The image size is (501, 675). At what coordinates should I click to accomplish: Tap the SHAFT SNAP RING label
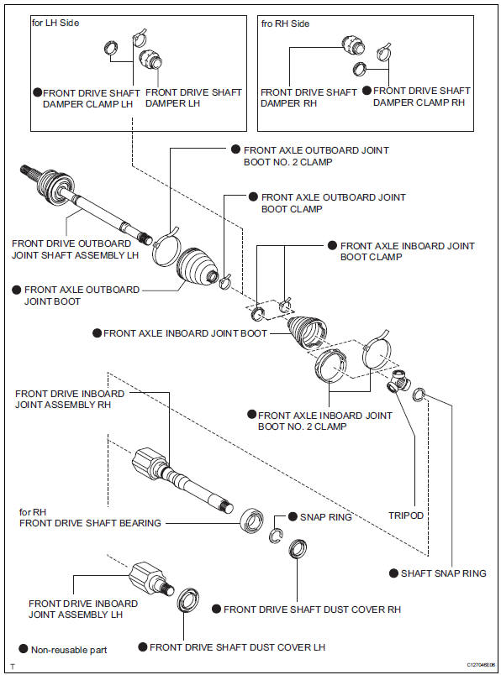(x=443, y=573)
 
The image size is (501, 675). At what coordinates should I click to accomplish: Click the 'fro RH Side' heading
(x=286, y=24)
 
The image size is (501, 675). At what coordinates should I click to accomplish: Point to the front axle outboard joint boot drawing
(x=198, y=268)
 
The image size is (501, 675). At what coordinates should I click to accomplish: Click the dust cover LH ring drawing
(x=187, y=601)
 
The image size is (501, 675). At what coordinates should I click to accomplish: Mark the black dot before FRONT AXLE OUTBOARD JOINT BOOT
(x=17, y=289)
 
